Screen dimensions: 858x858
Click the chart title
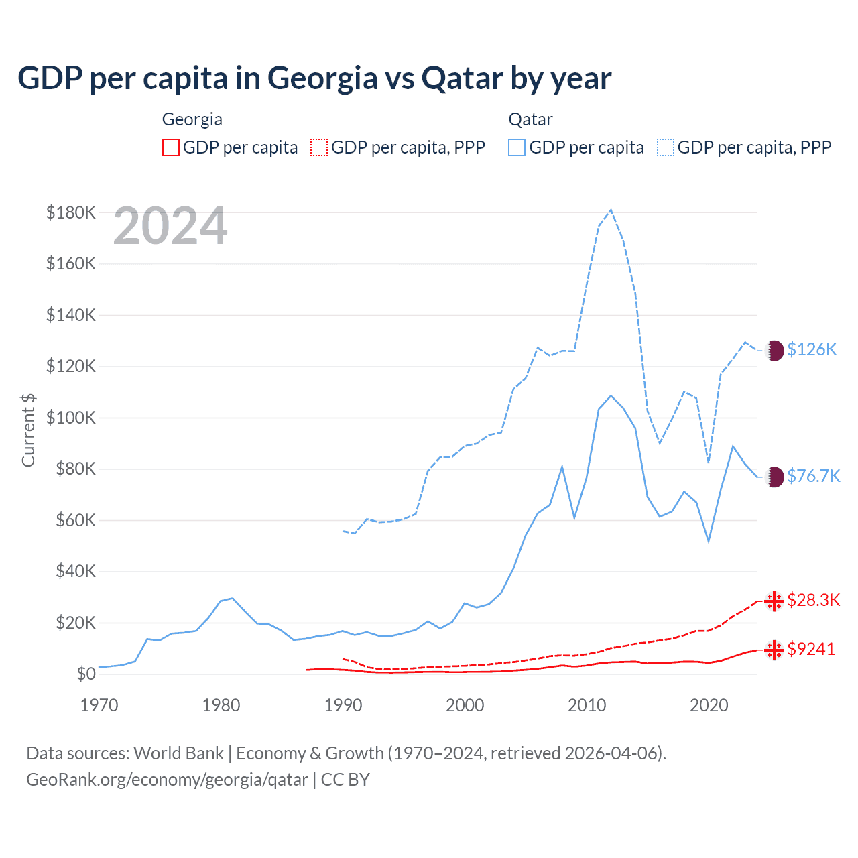(x=314, y=78)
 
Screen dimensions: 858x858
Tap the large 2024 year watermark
(x=170, y=227)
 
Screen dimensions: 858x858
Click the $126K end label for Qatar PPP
(x=812, y=349)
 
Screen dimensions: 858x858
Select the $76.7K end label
(x=813, y=476)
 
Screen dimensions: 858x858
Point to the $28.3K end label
(x=813, y=600)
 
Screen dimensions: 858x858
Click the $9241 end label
(x=811, y=649)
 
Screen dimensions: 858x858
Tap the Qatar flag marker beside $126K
(x=775, y=350)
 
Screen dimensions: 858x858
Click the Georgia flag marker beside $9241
(x=774, y=650)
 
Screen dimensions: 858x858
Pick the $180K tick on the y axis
(x=71, y=212)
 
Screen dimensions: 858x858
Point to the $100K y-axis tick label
(x=71, y=418)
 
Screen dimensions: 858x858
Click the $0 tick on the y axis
(x=86, y=674)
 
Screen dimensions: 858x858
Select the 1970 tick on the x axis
(x=99, y=705)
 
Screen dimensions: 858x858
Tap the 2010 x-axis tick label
(x=587, y=705)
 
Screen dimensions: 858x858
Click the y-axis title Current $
(x=28, y=430)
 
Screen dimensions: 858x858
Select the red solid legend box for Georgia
(x=171, y=147)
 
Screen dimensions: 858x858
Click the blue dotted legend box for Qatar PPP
(x=666, y=147)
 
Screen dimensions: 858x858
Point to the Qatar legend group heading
(x=530, y=119)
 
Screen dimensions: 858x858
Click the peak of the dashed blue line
(x=611, y=210)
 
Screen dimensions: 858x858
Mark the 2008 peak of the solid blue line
(x=562, y=467)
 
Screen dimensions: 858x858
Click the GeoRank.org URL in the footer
(x=167, y=780)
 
